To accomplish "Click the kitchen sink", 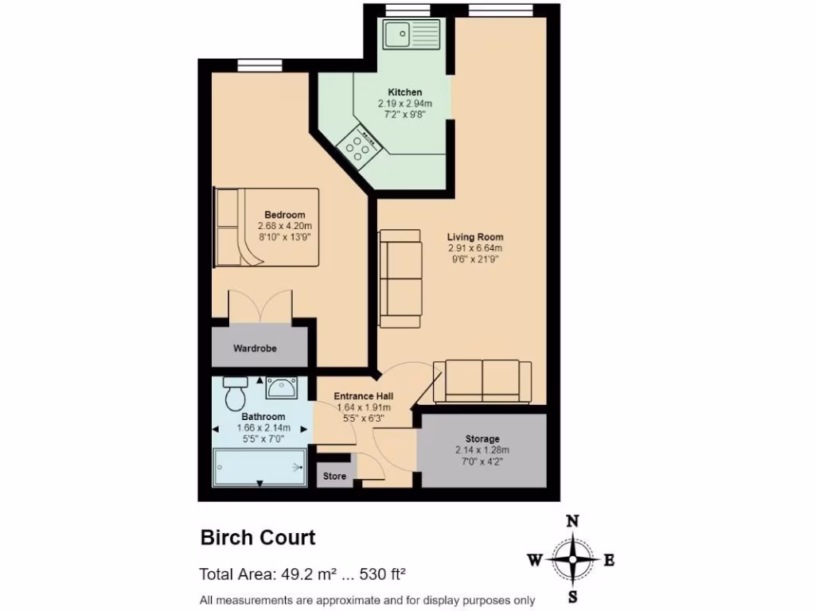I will [x=405, y=35].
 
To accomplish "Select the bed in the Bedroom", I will [x=266, y=228].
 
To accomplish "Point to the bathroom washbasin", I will [x=281, y=388].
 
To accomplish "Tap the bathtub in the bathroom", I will [x=260, y=466].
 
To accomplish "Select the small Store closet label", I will [x=334, y=477].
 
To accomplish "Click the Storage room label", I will [x=482, y=438].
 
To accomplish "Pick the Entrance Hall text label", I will [x=363, y=396].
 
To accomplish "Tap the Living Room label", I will [x=474, y=237].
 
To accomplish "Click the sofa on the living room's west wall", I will [x=400, y=278].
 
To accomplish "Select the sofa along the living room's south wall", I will [x=482, y=382].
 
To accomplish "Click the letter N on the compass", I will [x=571, y=522].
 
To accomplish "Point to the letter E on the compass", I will [x=609, y=560].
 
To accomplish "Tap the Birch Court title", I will [x=257, y=538].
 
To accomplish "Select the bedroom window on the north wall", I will [x=254, y=66].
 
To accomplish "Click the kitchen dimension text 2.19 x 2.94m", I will [x=404, y=103].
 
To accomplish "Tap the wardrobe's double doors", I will [x=259, y=307].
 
